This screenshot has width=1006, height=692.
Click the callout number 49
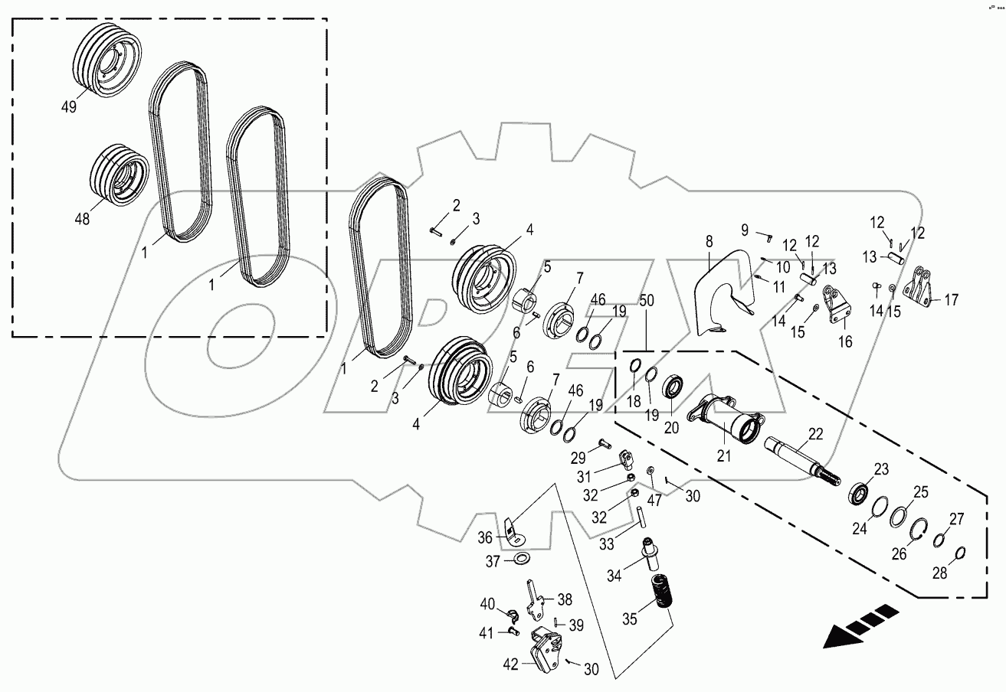pyautogui.click(x=69, y=107)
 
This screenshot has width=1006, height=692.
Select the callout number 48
pyautogui.click(x=82, y=218)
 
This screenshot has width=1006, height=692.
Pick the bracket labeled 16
pyautogui.click(x=838, y=305)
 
